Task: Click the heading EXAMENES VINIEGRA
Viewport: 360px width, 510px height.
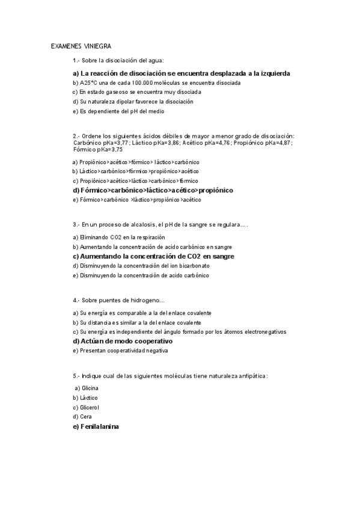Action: (x=81, y=46)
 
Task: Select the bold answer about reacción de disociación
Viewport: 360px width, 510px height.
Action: (x=181, y=73)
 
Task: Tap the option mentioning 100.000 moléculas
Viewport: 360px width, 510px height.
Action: (x=156, y=83)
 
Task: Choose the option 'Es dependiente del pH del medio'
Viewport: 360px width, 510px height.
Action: (x=118, y=111)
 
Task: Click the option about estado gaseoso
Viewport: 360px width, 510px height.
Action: (x=136, y=92)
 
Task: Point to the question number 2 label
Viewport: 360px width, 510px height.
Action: (x=76, y=137)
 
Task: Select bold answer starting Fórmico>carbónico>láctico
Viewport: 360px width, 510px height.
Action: (x=152, y=190)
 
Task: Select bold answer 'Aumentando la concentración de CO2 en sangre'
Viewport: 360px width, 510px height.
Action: (x=153, y=256)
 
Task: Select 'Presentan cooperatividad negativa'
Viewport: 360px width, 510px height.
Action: (x=120, y=350)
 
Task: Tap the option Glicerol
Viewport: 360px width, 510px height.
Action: (x=86, y=407)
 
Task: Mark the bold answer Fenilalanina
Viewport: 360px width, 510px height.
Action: (x=96, y=426)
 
